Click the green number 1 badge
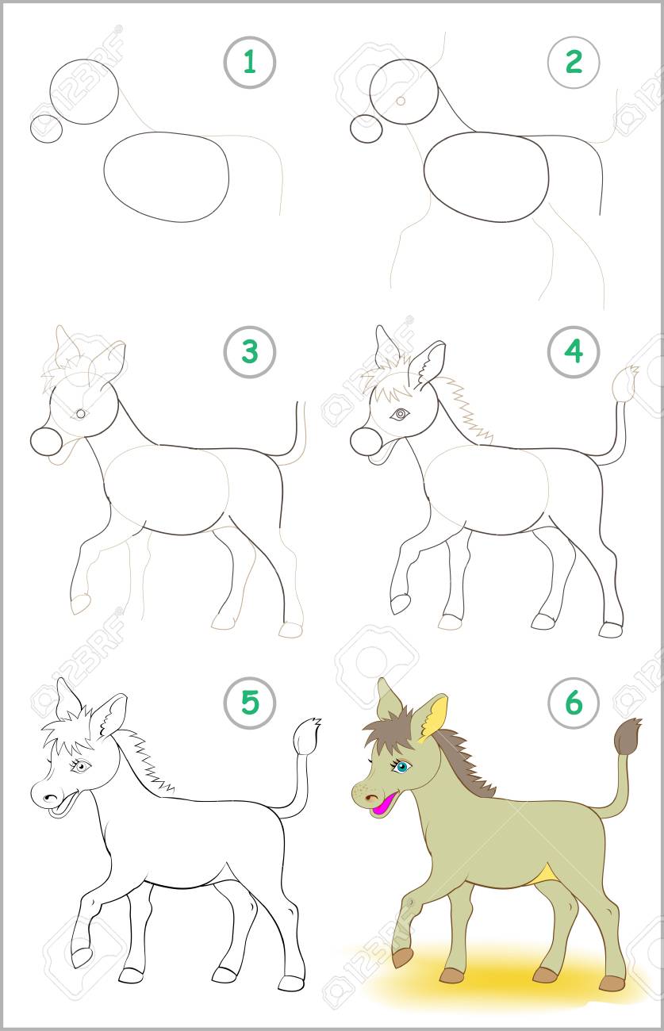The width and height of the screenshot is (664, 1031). [x=250, y=63]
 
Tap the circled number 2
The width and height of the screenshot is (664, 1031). [x=574, y=62]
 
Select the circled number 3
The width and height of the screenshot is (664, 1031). [x=250, y=352]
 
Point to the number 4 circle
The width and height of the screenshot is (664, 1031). [x=574, y=352]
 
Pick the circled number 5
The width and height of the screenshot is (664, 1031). [x=250, y=703]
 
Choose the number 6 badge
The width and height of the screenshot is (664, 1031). [x=574, y=703]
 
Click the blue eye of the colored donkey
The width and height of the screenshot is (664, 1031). [x=402, y=767]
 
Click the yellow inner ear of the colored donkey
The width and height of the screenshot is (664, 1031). [x=434, y=721]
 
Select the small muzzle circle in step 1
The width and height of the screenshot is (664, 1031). [x=46, y=128]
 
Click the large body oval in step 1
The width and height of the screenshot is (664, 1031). [x=167, y=177]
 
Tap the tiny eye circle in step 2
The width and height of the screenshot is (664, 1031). [x=401, y=101]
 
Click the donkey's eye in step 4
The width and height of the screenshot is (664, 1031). [x=400, y=414]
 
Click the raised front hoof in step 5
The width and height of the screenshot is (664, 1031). [x=82, y=958]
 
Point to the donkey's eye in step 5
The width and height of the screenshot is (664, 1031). [x=81, y=766]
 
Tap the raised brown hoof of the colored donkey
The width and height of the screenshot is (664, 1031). [x=403, y=958]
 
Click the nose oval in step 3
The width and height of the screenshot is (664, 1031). [x=46, y=442]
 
